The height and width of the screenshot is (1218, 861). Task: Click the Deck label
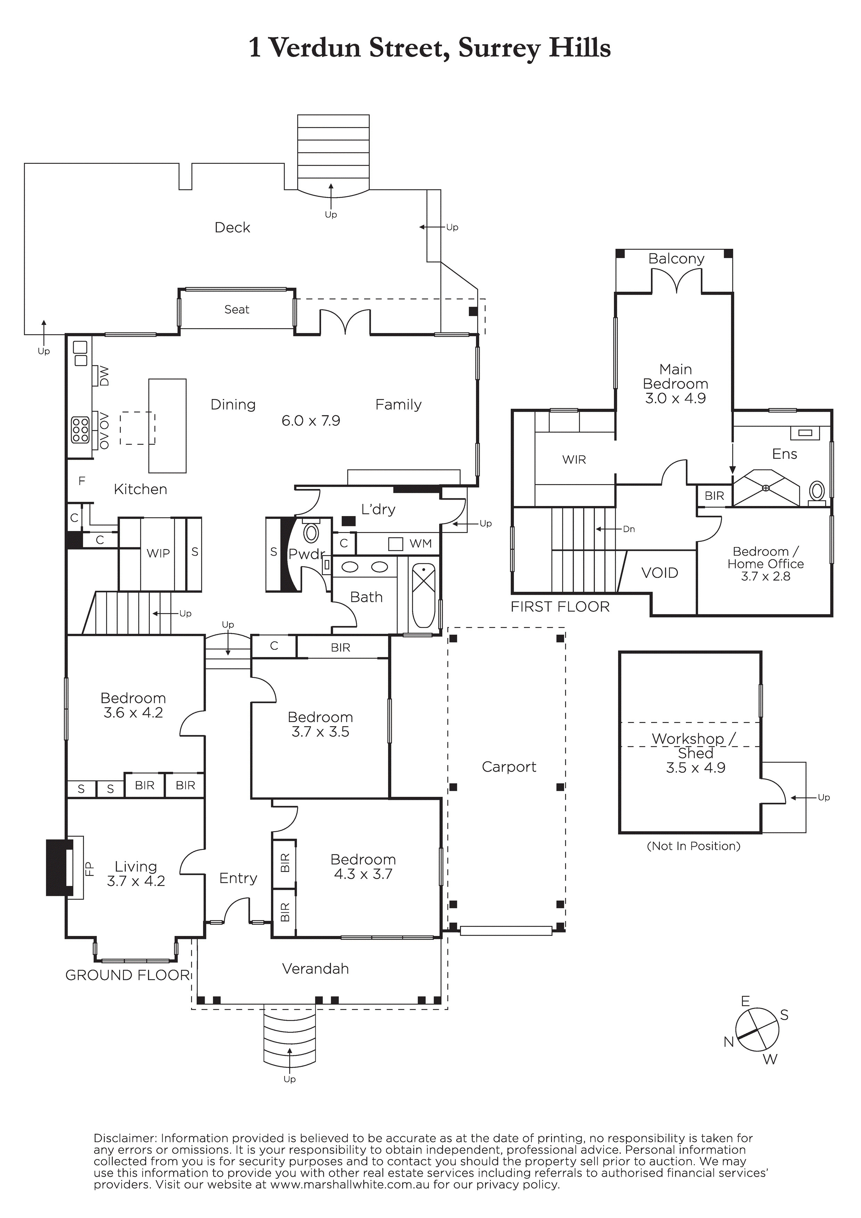(x=232, y=227)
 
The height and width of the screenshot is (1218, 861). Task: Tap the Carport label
(x=509, y=767)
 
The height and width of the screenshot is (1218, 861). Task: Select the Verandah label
(x=315, y=969)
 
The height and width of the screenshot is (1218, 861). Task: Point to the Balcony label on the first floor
(x=676, y=259)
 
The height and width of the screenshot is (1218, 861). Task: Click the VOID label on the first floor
(x=660, y=573)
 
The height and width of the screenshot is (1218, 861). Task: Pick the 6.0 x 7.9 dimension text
(x=311, y=421)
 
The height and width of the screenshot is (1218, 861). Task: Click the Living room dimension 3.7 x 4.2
(x=136, y=881)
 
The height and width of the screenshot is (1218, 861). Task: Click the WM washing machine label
(x=420, y=544)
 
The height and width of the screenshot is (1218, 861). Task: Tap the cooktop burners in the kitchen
(x=81, y=430)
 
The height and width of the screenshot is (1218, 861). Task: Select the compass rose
(x=757, y=1030)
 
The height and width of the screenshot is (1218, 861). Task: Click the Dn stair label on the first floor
(x=629, y=529)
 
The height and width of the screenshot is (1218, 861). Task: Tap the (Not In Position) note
(x=693, y=846)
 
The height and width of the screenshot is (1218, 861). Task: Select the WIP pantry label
(x=158, y=553)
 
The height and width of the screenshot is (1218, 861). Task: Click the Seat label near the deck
(x=237, y=309)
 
